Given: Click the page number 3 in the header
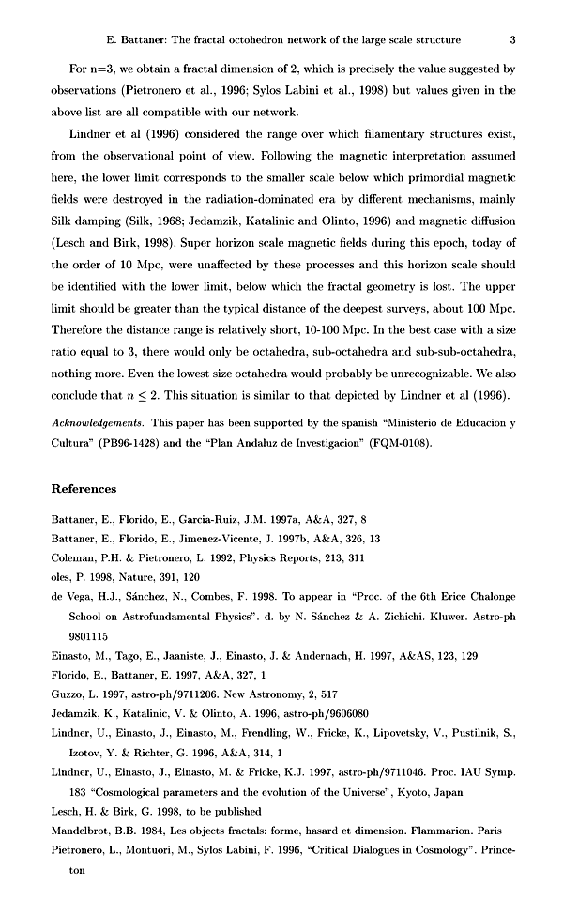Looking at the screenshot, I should pyautogui.click(x=512, y=39).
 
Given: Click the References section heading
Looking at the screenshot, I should pyautogui.click(x=84, y=489).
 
